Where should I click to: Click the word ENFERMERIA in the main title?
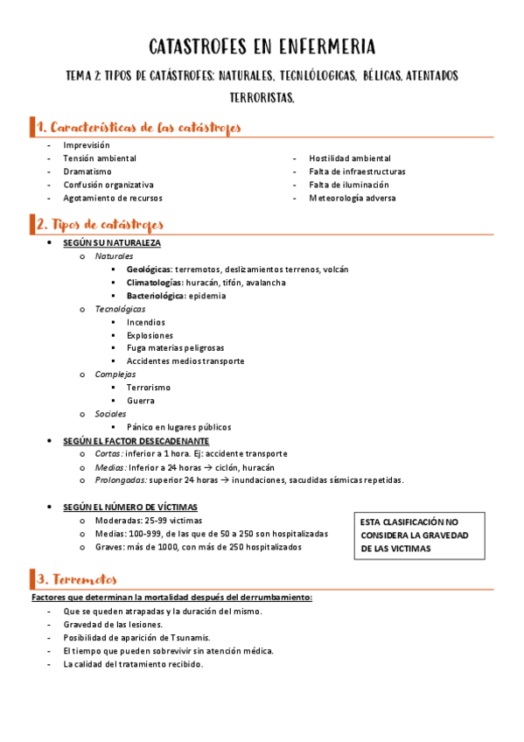(x=328, y=45)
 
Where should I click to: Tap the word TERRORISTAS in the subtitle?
(x=262, y=99)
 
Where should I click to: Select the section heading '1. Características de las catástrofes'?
(x=139, y=128)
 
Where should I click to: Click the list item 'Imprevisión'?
(x=87, y=144)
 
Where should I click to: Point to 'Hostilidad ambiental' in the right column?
(x=350, y=158)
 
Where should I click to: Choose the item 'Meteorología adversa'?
(x=353, y=198)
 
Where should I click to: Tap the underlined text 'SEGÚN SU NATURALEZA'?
(x=112, y=242)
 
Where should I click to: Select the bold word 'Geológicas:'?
(x=149, y=269)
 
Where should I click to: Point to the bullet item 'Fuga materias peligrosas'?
(x=175, y=348)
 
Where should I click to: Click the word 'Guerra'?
(x=141, y=401)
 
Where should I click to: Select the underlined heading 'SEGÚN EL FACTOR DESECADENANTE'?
(x=136, y=441)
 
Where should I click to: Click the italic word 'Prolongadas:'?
(x=122, y=479)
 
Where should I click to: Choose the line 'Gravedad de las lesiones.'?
(x=113, y=625)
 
